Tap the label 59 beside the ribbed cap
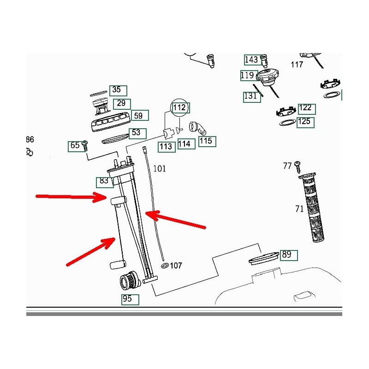[x=138, y=116]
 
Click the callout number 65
[x=75, y=146]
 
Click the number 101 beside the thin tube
[x=159, y=169]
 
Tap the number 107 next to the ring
[x=176, y=266]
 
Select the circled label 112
[x=179, y=108]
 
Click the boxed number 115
[x=206, y=141]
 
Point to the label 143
[x=251, y=60]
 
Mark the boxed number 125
[x=304, y=122]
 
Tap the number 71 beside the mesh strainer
[x=299, y=209]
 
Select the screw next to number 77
[x=298, y=164]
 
